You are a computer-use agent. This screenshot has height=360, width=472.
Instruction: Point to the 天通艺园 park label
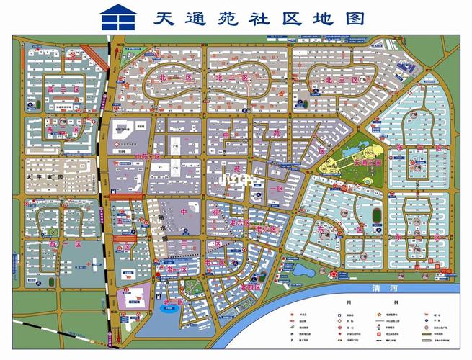coord(360,163)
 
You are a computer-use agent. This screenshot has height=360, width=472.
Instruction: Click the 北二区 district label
coord(232,77)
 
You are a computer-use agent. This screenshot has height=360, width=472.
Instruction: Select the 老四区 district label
coord(251,287)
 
